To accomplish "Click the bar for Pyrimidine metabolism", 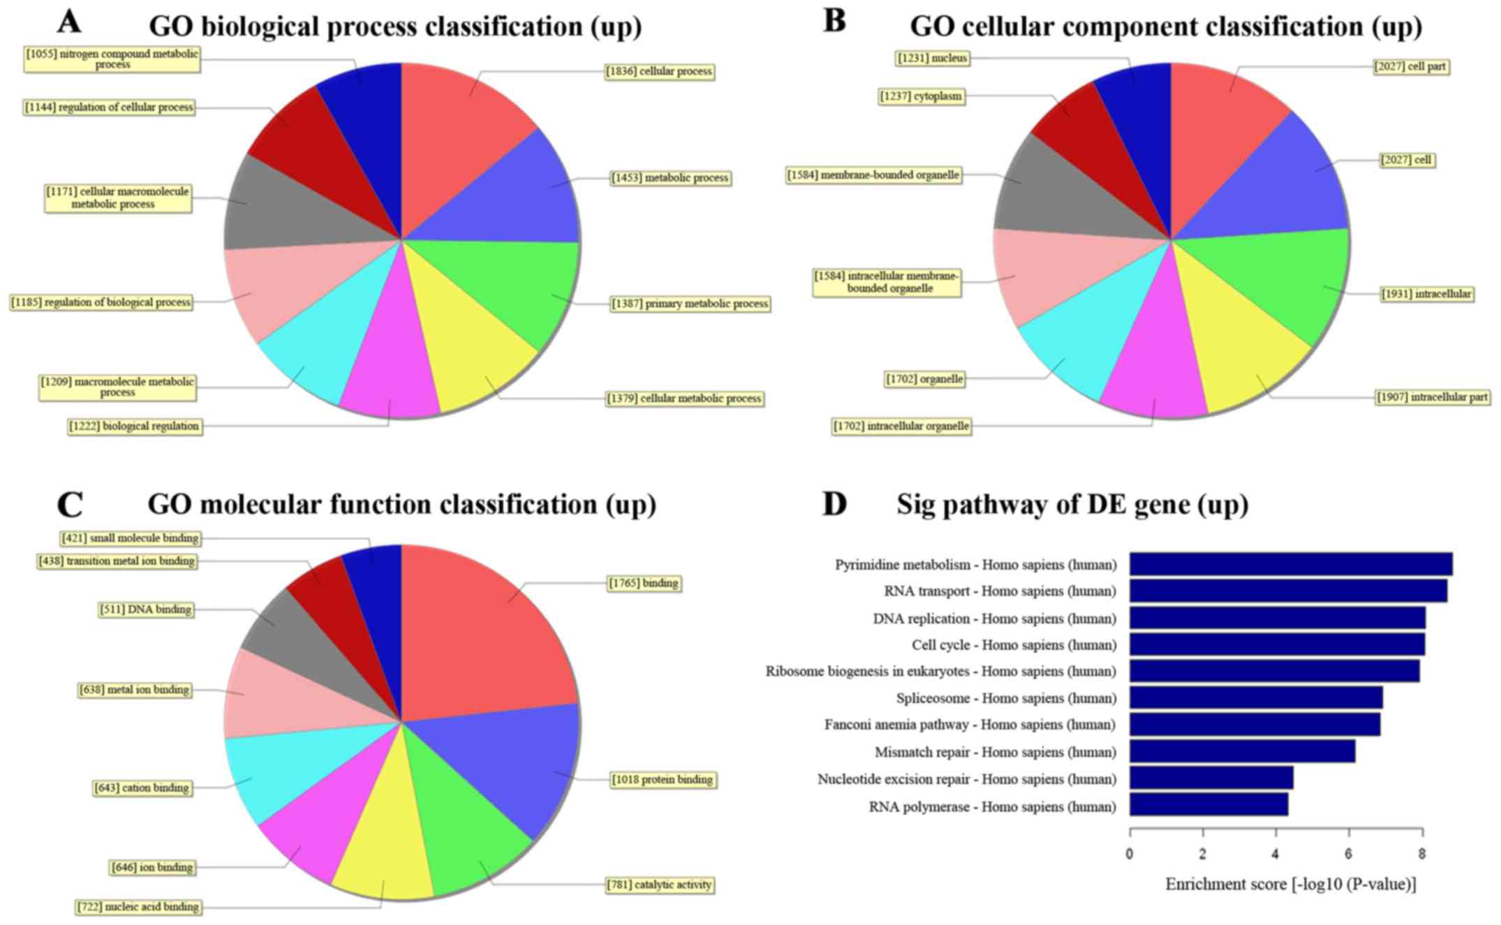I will coord(1290,564).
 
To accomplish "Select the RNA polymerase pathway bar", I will coord(1208,804).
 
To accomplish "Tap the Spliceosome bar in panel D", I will coord(1255,697).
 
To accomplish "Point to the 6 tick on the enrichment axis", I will coord(1349,853).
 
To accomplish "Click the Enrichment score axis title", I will coord(1290,885).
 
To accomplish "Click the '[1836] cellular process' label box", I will coord(660,71).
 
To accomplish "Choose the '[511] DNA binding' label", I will coord(145,609).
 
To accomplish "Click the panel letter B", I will coord(835,21).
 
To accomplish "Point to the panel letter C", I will coord(70,504).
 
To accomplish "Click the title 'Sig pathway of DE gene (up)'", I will coord(1072,504).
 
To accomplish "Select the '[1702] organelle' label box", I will coord(924,379).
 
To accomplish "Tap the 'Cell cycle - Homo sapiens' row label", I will coord(1014,645).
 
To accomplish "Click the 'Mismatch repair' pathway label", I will coord(995,752).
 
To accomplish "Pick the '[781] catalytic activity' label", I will coord(660,885).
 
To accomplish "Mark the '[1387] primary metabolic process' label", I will coord(690,304).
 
